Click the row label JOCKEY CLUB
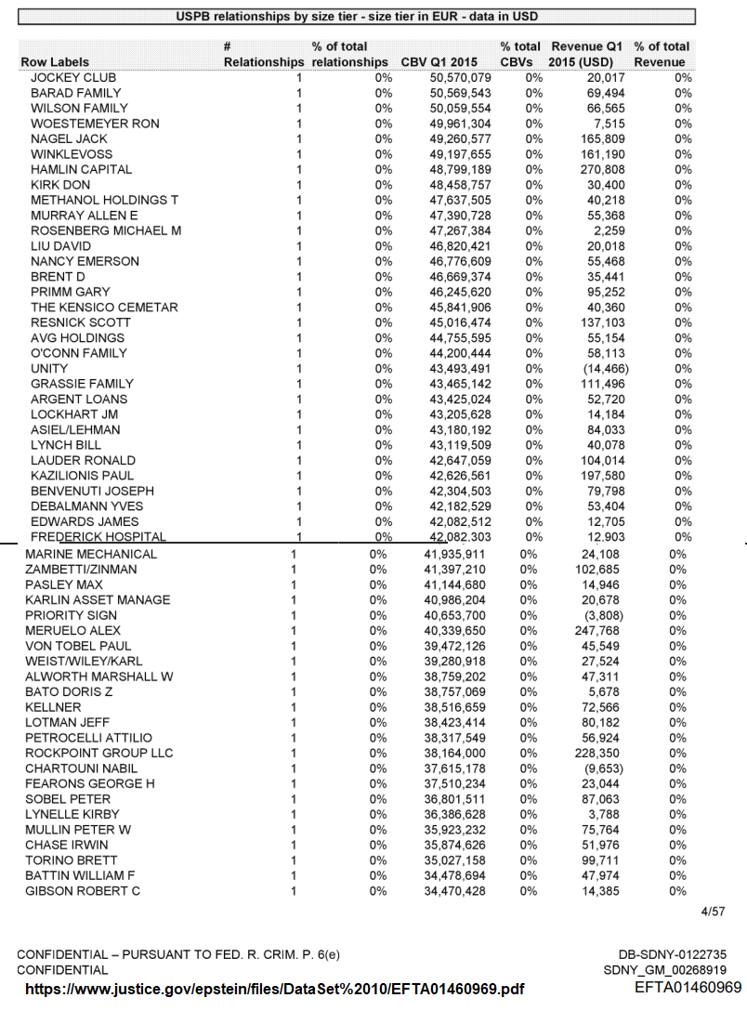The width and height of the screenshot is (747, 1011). pos(73,78)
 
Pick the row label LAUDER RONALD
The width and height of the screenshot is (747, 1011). pos(83,461)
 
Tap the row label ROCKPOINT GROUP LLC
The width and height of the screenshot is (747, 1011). pos(99,753)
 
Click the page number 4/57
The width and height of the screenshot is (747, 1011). pos(713,912)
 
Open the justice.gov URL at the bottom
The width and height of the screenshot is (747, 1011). pos(275,989)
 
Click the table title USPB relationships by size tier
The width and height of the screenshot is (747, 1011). pos(357,17)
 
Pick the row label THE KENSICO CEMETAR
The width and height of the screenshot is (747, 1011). pos(104,308)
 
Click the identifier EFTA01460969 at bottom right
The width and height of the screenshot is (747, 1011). pos(688,987)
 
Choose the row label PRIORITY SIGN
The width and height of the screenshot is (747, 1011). pos(72,615)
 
